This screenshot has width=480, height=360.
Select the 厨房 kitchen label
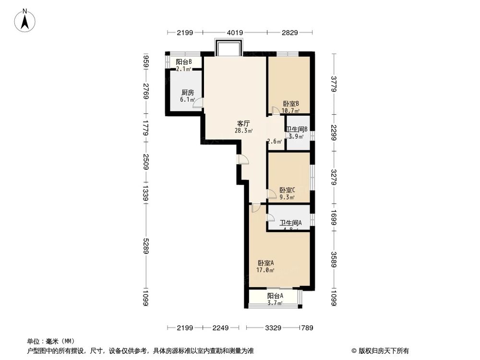(187, 93)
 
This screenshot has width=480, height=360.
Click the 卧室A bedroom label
(265, 263)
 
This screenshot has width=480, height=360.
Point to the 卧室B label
(291, 104)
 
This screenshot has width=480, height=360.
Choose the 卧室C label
(287, 190)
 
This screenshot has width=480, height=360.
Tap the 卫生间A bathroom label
(291, 223)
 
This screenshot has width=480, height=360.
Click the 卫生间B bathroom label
(297, 129)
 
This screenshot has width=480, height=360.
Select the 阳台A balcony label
(275, 296)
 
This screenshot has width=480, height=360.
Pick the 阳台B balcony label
(184, 62)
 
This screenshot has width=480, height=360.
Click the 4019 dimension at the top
(235, 33)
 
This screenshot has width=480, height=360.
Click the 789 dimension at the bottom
(307, 328)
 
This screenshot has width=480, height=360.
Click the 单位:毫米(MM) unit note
(45, 342)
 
